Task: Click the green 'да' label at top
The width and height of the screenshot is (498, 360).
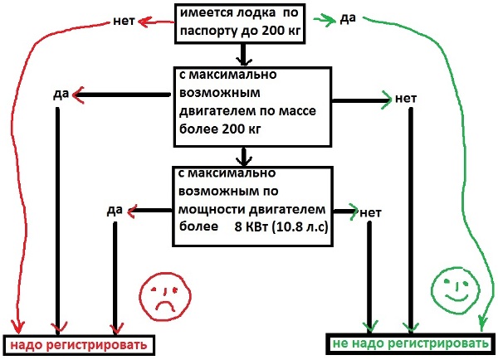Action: pyautogui.click(x=348, y=18)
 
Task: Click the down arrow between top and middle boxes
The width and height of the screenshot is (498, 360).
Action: pyautogui.click(x=243, y=56)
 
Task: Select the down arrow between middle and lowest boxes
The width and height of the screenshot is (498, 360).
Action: pyautogui.click(x=242, y=155)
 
